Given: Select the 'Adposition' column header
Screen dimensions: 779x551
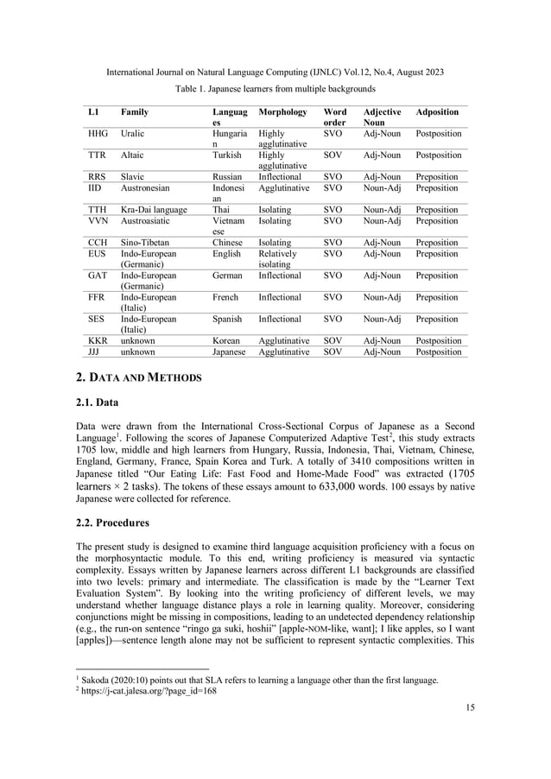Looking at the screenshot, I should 437,112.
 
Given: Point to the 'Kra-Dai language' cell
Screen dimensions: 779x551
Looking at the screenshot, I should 156,209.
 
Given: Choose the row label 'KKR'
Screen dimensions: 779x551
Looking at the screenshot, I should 98,341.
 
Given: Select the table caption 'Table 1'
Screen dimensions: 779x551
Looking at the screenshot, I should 275,89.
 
